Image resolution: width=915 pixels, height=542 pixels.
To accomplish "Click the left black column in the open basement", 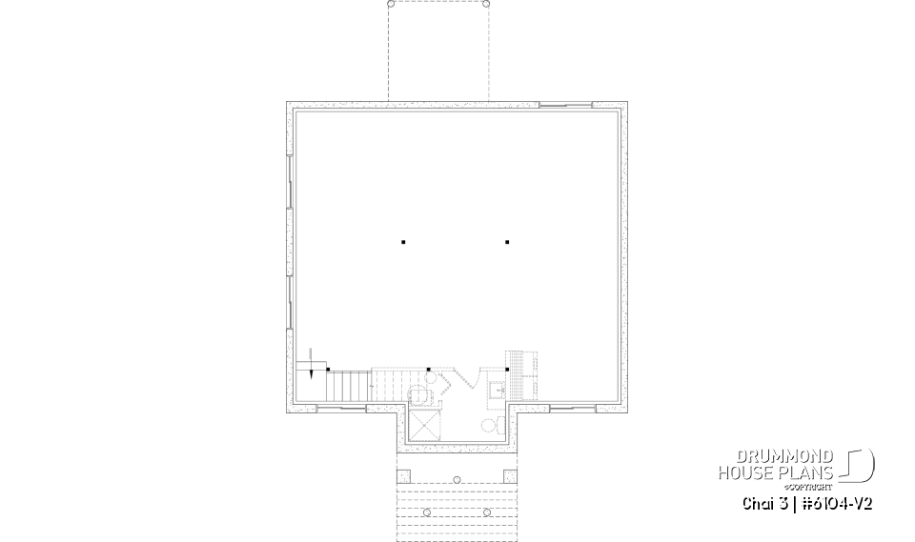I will (403, 242).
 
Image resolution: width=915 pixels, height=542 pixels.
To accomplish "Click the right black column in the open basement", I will (508, 242).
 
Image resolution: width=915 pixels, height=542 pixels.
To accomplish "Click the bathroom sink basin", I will (497, 390).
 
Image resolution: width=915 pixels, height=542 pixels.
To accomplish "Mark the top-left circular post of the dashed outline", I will (389, 5).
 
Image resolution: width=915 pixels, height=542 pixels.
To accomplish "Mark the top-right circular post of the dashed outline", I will (487, 5).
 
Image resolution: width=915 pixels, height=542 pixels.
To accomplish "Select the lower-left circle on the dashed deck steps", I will (427, 512).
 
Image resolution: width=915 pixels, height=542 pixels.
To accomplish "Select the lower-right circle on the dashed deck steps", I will (487, 512).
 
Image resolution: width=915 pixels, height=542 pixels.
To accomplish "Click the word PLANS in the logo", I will (810, 472).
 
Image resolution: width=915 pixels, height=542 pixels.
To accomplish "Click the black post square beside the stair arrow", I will (328, 369).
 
